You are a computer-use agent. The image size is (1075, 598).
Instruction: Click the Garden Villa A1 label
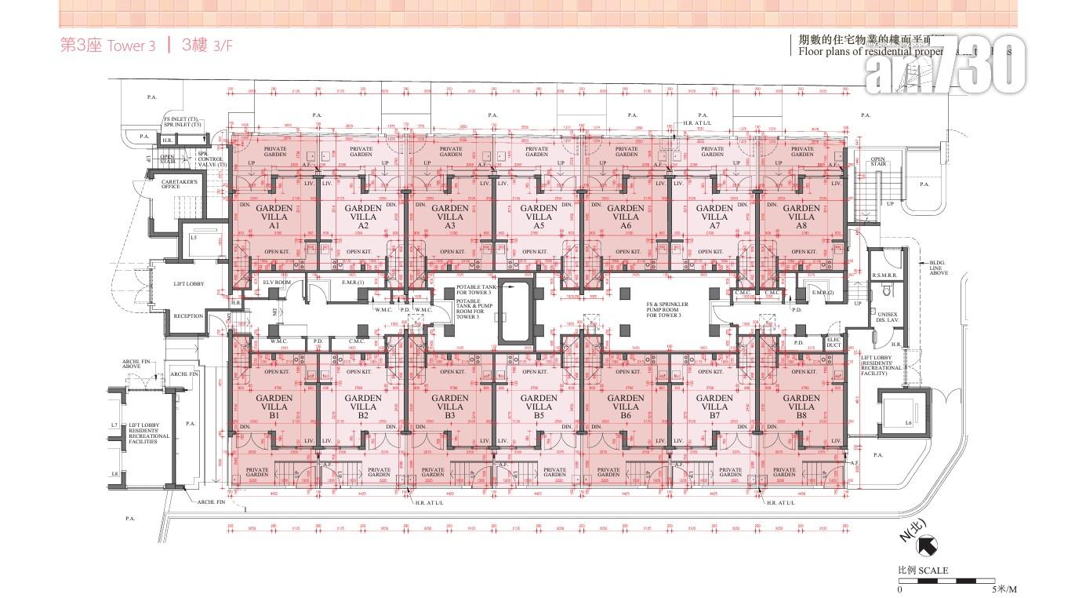point(274,217)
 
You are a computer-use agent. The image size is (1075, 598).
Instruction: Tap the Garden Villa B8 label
point(801,407)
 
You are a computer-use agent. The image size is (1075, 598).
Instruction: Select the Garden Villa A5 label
point(539,217)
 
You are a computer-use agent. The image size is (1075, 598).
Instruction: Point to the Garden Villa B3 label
point(450,407)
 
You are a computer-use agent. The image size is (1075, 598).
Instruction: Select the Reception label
point(188,316)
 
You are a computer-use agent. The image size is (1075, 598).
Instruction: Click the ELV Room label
point(277,282)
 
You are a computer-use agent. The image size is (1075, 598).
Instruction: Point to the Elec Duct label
point(833,341)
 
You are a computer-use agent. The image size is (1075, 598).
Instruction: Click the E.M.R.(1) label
point(353,282)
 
